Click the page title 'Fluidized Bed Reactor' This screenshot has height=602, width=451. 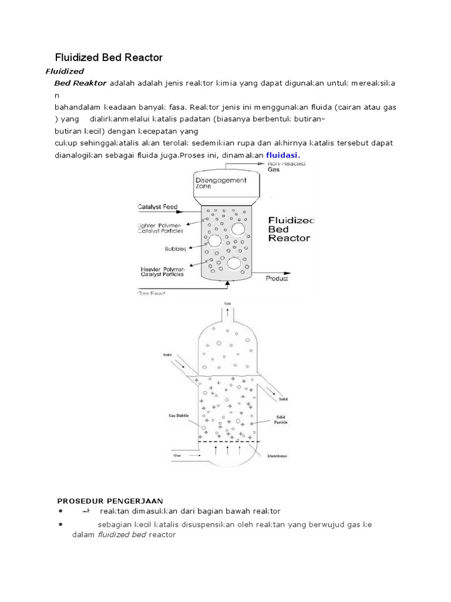[108, 57]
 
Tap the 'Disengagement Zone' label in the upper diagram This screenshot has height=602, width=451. [222, 183]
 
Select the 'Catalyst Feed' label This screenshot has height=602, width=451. [157, 206]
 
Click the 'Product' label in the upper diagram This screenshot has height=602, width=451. [277, 279]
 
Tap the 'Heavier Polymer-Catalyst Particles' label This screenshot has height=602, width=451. [163, 272]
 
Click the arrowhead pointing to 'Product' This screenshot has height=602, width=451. [291, 273]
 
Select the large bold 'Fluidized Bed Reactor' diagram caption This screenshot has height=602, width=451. [291, 229]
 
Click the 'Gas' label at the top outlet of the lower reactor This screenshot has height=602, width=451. [227, 303]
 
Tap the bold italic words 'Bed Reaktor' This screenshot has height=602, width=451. [80, 83]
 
